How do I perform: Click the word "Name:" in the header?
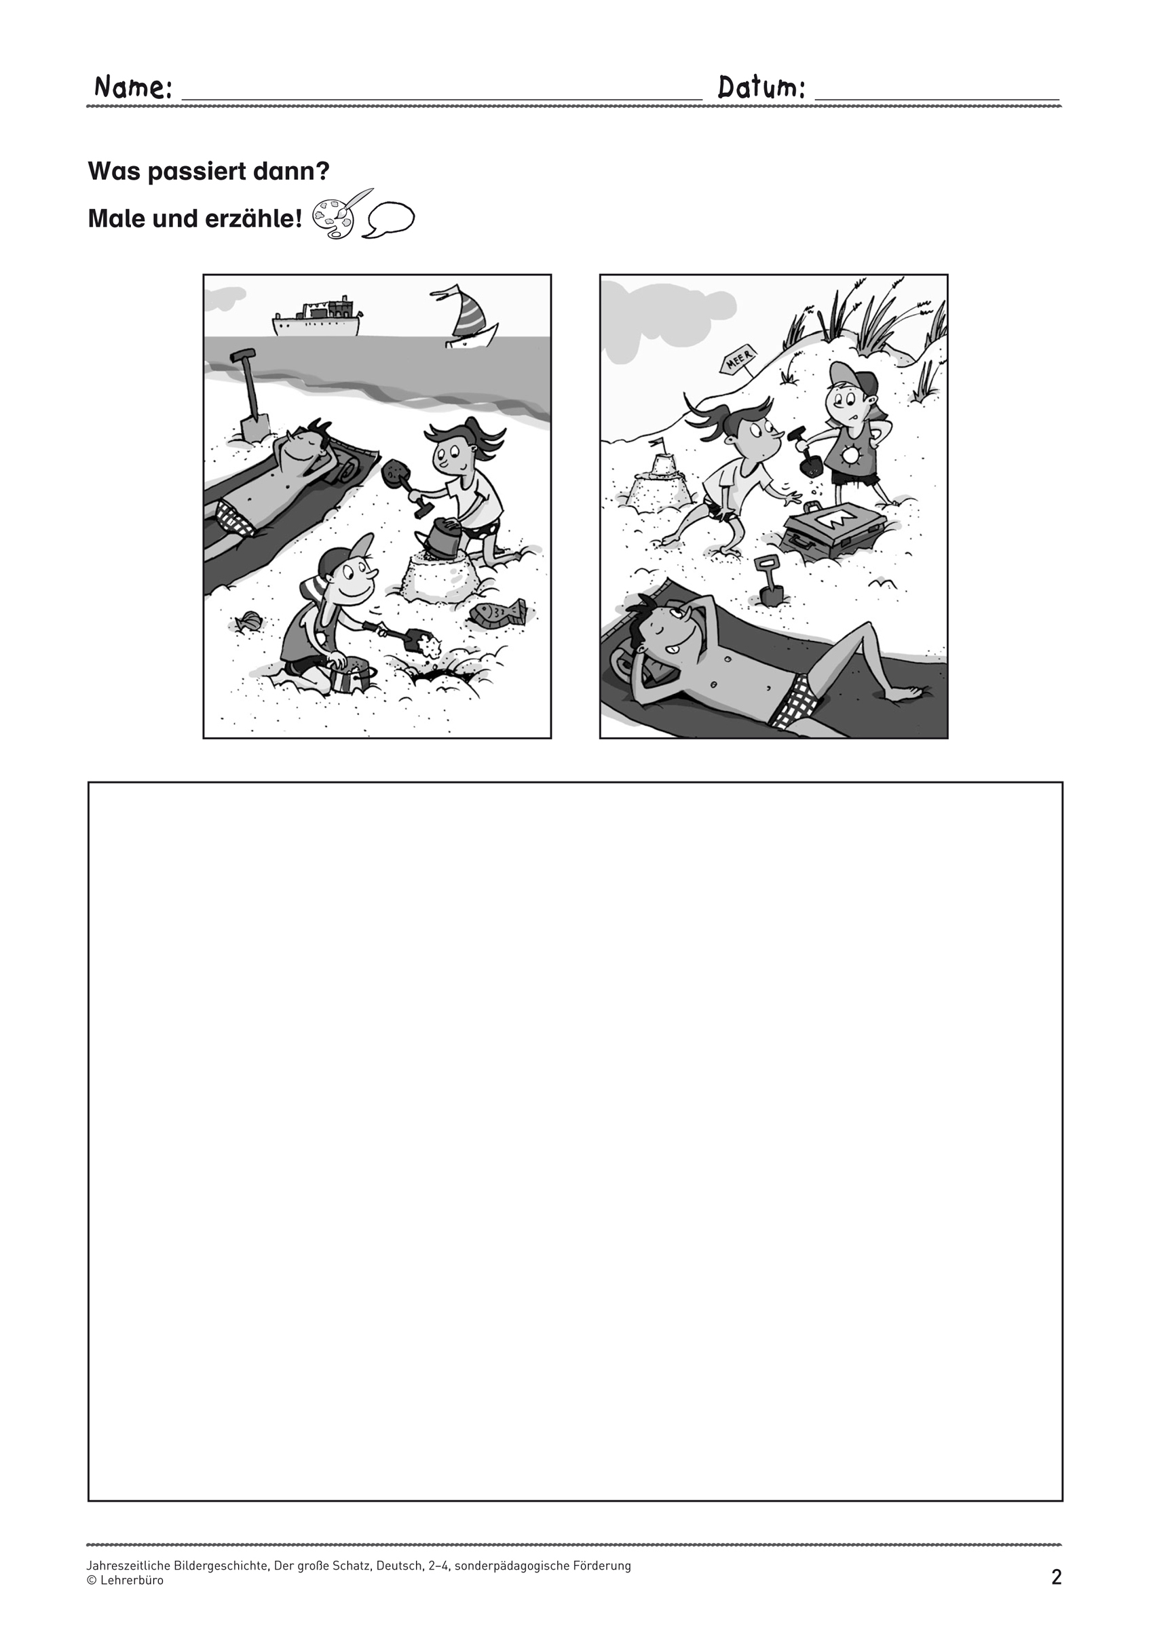click(133, 88)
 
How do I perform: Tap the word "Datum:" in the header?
click(761, 88)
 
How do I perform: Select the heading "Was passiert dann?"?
click(209, 171)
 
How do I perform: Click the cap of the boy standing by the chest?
click(854, 379)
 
